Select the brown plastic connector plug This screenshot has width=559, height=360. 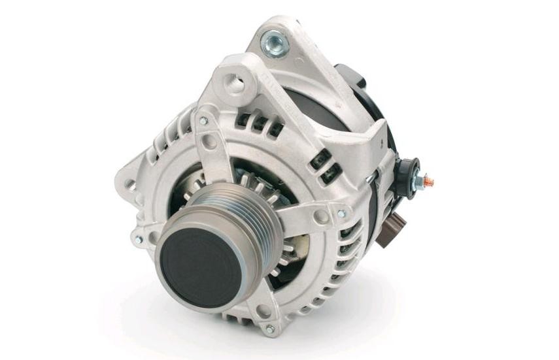[x=391, y=230]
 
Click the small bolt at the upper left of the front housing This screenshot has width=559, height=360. [x=203, y=122]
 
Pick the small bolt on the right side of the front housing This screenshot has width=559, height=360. [x=341, y=214]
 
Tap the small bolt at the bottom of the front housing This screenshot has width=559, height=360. [x=269, y=329]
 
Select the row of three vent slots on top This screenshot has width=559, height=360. [x=258, y=124]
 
